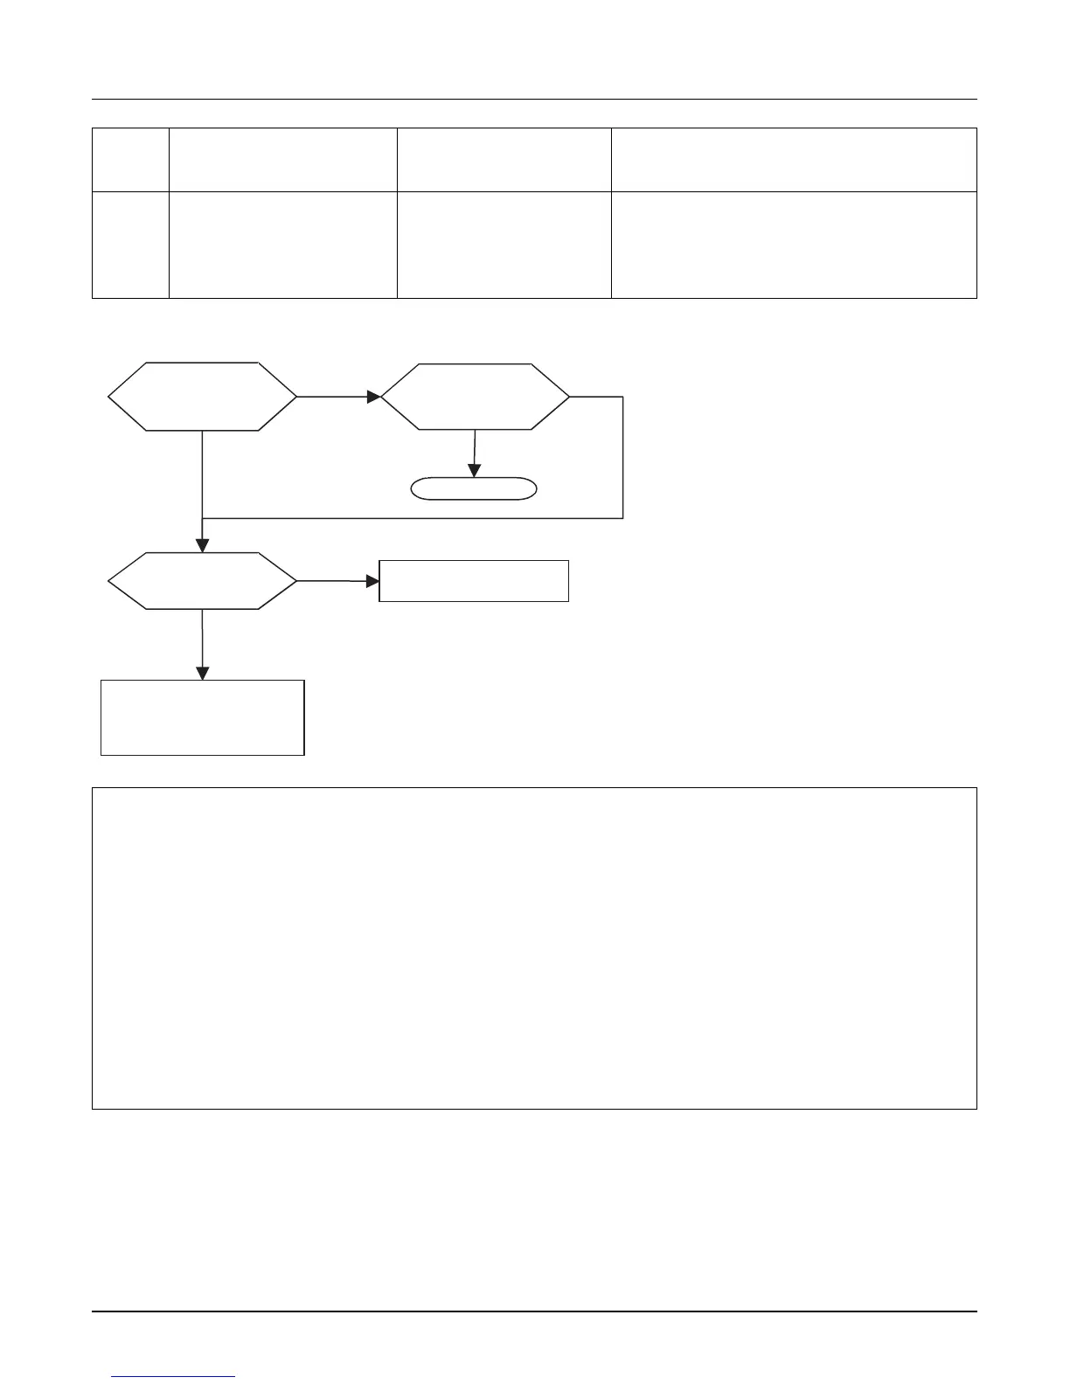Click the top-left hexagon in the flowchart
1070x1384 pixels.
[202, 397]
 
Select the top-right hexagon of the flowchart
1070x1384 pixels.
[475, 397]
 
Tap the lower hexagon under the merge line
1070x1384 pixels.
[202, 580]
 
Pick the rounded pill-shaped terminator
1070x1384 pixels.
[474, 488]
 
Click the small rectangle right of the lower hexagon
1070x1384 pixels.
[474, 581]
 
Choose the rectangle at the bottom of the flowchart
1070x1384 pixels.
[202, 717]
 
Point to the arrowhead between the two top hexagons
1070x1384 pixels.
[374, 397]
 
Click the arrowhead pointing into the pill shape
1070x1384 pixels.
[474, 471]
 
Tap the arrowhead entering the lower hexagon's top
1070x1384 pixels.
[202, 545]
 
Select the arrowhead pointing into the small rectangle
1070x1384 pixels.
[372, 581]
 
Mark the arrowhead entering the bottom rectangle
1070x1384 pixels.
[202, 673]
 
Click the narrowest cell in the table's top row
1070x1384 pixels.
[130, 160]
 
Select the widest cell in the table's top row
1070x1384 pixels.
[794, 160]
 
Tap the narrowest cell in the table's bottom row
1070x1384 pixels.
[130, 246]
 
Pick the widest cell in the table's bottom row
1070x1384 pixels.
[794, 246]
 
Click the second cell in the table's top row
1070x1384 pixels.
[282, 160]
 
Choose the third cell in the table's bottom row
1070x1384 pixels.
[504, 246]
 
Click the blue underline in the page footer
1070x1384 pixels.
[174, 1377]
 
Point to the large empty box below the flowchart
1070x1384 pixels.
[534, 948]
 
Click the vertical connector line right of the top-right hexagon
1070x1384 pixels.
[623, 457]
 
